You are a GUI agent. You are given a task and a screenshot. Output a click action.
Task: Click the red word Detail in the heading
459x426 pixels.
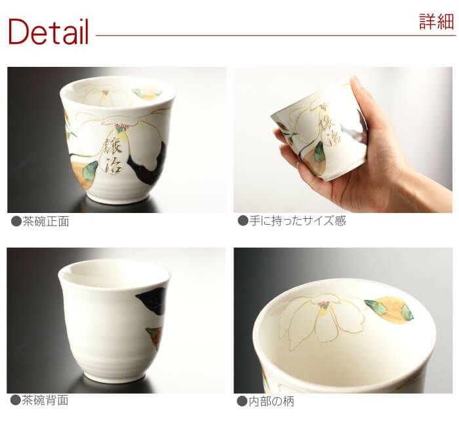[x=49, y=31]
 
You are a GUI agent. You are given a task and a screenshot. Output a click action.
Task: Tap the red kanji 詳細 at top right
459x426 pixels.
[x=437, y=22]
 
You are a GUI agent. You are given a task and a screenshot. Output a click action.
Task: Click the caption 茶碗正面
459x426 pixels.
[x=46, y=222]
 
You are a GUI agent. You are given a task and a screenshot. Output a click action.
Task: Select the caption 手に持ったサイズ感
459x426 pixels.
[x=298, y=221]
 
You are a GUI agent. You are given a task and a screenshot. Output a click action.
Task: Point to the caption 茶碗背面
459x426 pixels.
[x=45, y=400]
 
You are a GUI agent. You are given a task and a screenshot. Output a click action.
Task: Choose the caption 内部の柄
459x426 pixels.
[x=271, y=401]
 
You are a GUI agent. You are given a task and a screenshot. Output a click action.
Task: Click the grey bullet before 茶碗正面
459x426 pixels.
[x=16, y=222]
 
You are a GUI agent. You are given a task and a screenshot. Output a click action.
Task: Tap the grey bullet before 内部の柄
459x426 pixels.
[x=242, y=401]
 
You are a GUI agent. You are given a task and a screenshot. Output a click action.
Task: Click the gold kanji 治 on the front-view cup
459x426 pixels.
[x=113, y=165]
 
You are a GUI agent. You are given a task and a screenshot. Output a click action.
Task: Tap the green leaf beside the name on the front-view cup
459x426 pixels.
[x=90, y=170]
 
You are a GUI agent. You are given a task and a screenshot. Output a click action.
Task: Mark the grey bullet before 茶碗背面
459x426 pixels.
[x=15, y=400]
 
